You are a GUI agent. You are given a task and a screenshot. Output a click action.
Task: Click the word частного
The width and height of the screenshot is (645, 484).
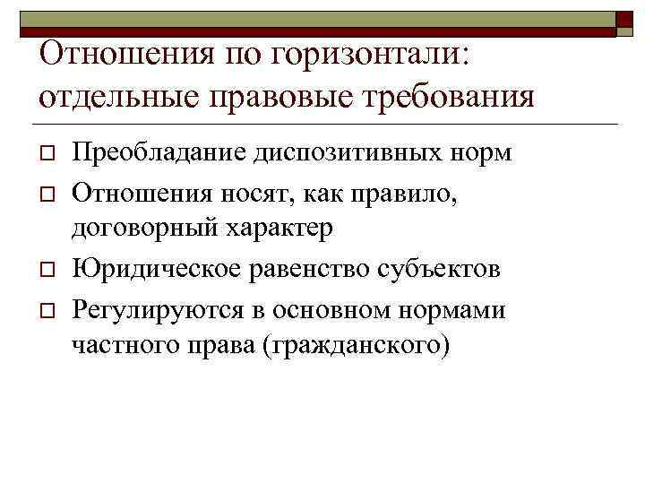128,349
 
